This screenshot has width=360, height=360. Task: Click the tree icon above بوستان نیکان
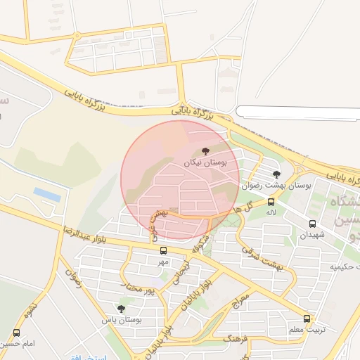pos(205,151)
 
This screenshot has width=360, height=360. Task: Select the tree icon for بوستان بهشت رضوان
pos(276,174)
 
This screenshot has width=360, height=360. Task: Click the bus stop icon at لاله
pos(271,202)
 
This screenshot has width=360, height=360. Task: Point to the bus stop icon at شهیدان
pos(312,224)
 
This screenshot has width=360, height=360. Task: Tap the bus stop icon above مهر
pos(163,250)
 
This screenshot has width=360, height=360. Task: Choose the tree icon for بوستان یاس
pos(121,309)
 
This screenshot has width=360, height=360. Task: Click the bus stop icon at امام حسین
pos(16,333)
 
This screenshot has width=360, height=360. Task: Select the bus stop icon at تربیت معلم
pos(307,319)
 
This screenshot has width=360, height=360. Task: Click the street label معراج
pos(240,299)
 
